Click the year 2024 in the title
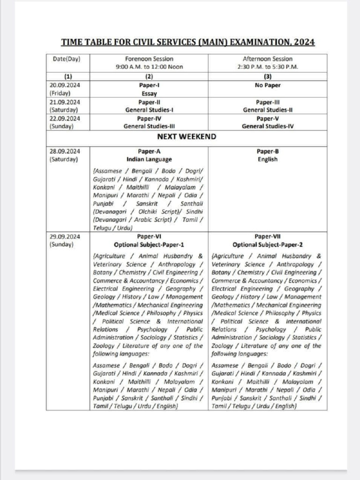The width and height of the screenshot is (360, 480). click(x=303, y=43)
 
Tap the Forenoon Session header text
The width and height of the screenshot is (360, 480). click(x=149, y=59)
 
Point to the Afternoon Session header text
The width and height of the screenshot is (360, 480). click(x=267, y=59)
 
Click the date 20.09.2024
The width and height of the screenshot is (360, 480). click(x=64, y=86)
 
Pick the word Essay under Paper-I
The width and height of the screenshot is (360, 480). click(x=149, y=94)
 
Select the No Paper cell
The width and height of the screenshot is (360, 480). click(x=267, y=86)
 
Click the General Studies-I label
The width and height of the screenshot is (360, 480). click(x=149, y=110)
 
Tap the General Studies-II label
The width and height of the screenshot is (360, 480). click(x=267, y=110)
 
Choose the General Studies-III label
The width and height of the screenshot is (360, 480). click(x=149, y=127)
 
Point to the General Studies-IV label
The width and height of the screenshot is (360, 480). click(x=267, y=127)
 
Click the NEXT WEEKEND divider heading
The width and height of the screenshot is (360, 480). click(x=187, y=137)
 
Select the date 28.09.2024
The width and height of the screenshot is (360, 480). click(x=64, y=151)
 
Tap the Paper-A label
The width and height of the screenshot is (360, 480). click(x=149, y=151)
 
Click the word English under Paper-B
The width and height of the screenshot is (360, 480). click(x=267, y=159)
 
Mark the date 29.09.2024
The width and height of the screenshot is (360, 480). click(x=64, y=237)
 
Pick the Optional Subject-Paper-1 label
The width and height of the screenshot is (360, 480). click(x=149, y=245)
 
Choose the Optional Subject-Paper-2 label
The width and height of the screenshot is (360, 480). click(x=267, y=245)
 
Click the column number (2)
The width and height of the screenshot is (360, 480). click(x=149, y=76)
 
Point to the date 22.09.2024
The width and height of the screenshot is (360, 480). click(x=64, y=119)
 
